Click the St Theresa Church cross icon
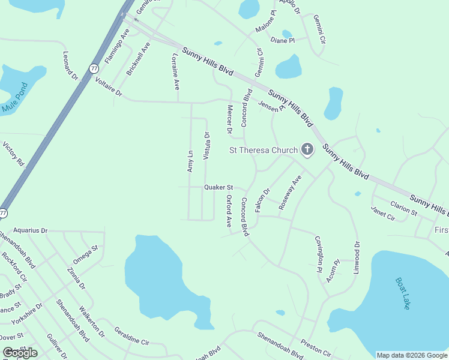307,149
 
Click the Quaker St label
218,187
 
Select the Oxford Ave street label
229,211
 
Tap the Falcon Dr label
263,199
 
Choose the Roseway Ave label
289,193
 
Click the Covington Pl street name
319,254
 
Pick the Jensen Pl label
271,106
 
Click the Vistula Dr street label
206,145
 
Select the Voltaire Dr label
108,86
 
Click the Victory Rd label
13,154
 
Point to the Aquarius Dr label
30,230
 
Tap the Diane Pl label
283,40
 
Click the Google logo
20,352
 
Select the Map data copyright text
411,355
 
